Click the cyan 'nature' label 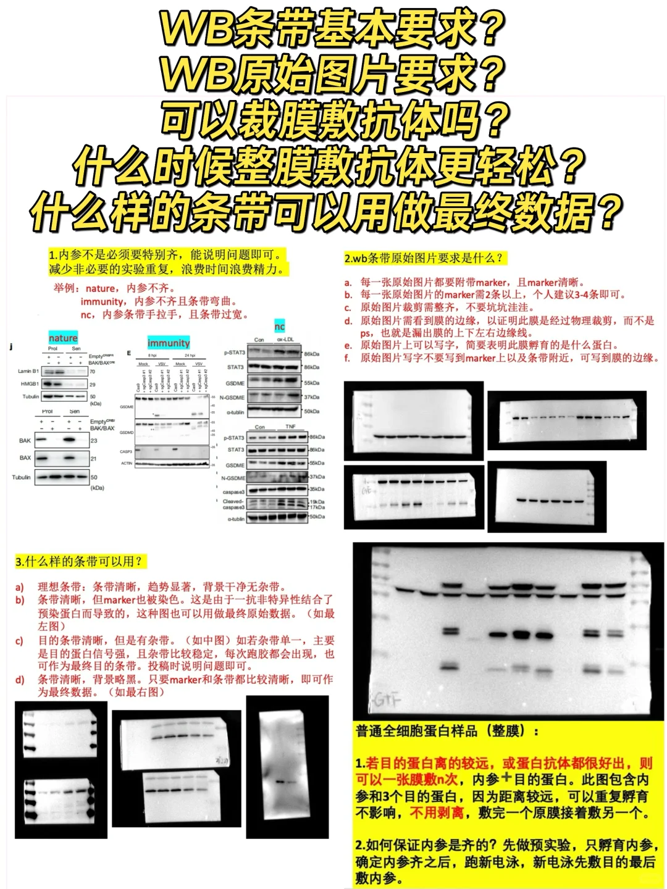pyautogui.click(x=63, y=338)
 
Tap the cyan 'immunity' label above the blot pyautogui.click(x=169, y=343)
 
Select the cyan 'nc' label pyautogui.click(x=279, y=327)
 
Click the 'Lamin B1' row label pyautogui.click(x=28, y=372)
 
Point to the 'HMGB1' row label pyautogui.click(x=30, y=384)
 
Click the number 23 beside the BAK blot pyautogui.click(x=94, y=441)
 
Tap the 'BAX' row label pyautogui.click(x=25, y=458)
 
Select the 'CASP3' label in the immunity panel pyautogui.click(x=127, y=452)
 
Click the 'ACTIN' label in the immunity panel pyautogui.click(x=127, y=463)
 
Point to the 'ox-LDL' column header pyautogui.click(x=286, y=340)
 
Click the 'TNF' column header pyautogui.click(x=290, y=427)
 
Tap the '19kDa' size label pyautogui.click(x=317, y=502)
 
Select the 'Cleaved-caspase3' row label pyautogui.click(x=233, y=504)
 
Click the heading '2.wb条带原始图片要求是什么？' pyautogui.click(x=424, y=259)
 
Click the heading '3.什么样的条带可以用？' pyautogui.click(x=78, y=562)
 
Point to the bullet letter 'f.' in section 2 pyautogui.click(x=348, y=358)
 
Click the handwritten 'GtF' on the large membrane pyautogui.click(x=387, y=701)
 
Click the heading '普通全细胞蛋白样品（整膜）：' pyautogui.click(x=447, y=732)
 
